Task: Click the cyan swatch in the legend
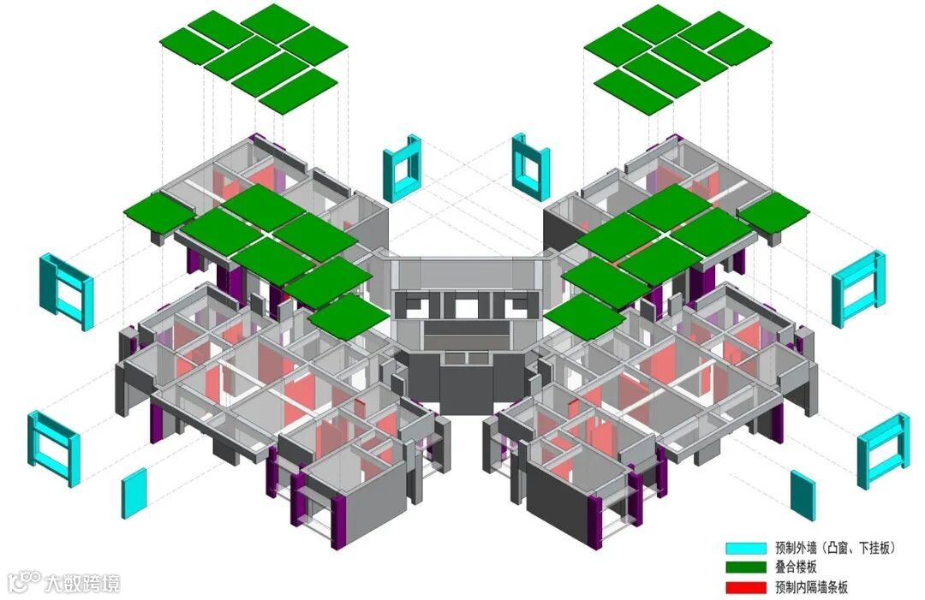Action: pyautogui.click(x=746, y=548)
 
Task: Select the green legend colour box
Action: pyautogui.click(x=746, y=567)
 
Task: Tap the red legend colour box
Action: pyautogui.click(x=746, y=587)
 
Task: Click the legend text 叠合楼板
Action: pyautogui.click(x=797, y=567)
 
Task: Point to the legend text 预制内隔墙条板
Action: pyautogui.click(x=812, y=587)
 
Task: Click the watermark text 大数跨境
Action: pyautogui.click(x=82, y=583)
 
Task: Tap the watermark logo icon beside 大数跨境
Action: pyautogui.click(x=25, y=582)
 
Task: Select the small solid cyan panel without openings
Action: pyautogui.click(x=134, y=493)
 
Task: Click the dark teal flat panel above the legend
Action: pyautogui.click(x=803, y=496)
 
